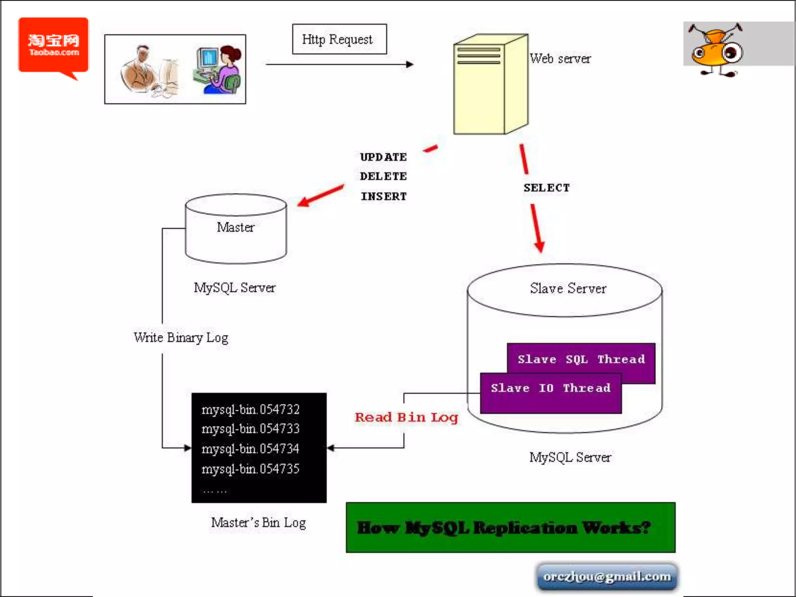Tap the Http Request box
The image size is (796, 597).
(339, 39)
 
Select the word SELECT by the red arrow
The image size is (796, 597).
(546, 188)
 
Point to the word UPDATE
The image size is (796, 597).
(383, 157)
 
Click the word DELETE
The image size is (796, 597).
(383, 176)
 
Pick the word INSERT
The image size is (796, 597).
(384, 196)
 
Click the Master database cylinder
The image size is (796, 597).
(236, 229)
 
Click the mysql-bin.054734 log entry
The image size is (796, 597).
(250, 449)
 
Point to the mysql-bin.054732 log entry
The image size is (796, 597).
(250, 409)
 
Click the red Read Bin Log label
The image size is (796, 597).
(406, 417)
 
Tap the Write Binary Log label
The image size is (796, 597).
(181, 337)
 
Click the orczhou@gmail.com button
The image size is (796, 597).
(607, 576)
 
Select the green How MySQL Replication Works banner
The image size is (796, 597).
(510, 527)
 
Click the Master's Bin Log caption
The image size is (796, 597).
(258, 523)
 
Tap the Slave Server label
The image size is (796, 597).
(567, 288)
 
